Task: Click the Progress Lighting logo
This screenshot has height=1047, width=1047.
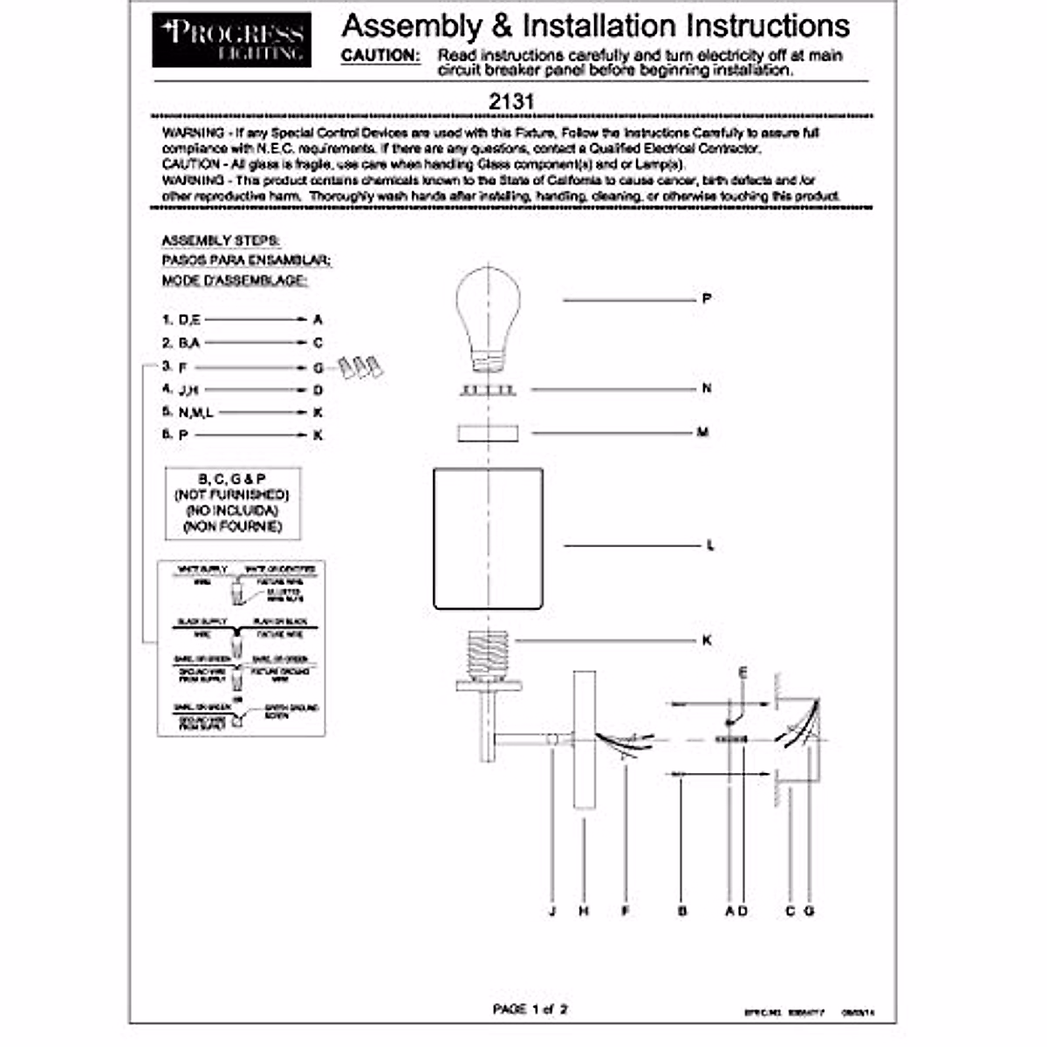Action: (x=231, y=40)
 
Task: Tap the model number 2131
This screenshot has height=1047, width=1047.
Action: (x=511, y=101)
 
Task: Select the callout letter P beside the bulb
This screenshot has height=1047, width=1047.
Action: (x=707, y=299)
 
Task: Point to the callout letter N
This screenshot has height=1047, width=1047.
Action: (x=707, y=388)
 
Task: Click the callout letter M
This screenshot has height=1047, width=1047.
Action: (x=703, y=432)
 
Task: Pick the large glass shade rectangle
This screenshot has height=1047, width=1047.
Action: (x=489, y=538)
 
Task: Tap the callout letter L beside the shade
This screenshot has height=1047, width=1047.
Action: (x=710, y=545)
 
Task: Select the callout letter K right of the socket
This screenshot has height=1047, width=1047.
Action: (x=707, y=640)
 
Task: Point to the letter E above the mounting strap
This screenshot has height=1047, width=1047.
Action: (x=743, y=672)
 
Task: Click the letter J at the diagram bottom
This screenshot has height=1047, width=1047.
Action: (x=552, y=911)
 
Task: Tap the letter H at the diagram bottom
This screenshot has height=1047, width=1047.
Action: (x=584, y=911)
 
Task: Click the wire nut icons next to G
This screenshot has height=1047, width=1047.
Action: (x=360, y=366)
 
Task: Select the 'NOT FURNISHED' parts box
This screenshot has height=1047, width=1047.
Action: (x=233, y=503)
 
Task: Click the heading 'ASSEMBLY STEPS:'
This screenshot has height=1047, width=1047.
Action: (x=221, y=241)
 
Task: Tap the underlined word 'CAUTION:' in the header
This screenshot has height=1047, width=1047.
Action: (x=380, y=55)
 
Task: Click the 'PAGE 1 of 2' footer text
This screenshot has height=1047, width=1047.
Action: (x=530, y=1009)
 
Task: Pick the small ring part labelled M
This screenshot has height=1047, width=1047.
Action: (x=489, y=433)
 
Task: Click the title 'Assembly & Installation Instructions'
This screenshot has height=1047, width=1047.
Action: (x=596, y=26)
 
